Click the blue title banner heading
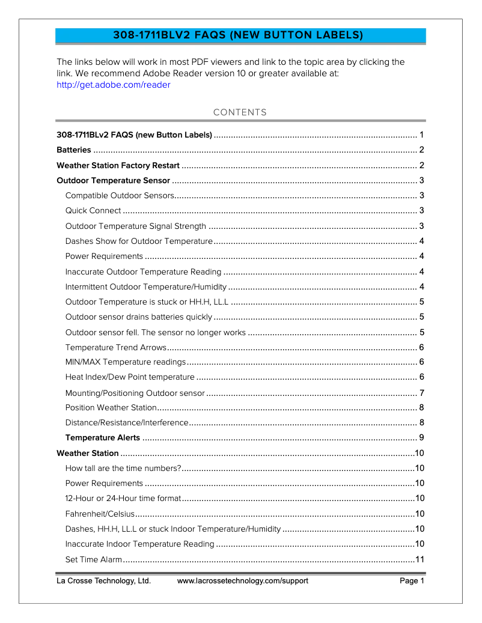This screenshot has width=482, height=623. pyautogui.click(x=239, y=35)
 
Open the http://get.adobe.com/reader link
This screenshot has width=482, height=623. pyautogui.click(x=113, y=85)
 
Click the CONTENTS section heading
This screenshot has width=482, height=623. pyautogui.click(x=240, y=112)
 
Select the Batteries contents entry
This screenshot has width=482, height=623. pyautogui.click(x=74, y=150)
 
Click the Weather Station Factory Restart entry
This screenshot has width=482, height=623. pyautogui.click(x=118, y=165)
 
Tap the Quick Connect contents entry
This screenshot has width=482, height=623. pyautogui.click(x=93, y=210)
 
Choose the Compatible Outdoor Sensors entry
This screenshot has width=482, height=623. pyautogui.click(x=120, y=195)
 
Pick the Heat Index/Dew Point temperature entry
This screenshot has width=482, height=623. pyautogui.click(x=130, y=377)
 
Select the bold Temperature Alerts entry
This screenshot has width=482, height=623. pyautogui.click(x=102, y=437)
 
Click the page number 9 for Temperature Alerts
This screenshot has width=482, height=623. pyautogui.click(x=422, y=437)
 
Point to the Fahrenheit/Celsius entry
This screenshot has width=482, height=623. pyautogui.click(x=99, y=514)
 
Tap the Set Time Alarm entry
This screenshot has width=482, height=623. pyautogui.click(x=94, y=560)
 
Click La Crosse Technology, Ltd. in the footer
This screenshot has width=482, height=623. pyautogui.click(x=103, y=581)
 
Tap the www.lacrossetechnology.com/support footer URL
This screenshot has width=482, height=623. pyautogui.click(x=243, y=581)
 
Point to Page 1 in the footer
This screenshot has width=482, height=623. pyautogui.click(x=412, y=581)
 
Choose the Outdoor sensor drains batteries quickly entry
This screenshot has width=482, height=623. pyautogui.click(x=138, y=317)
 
